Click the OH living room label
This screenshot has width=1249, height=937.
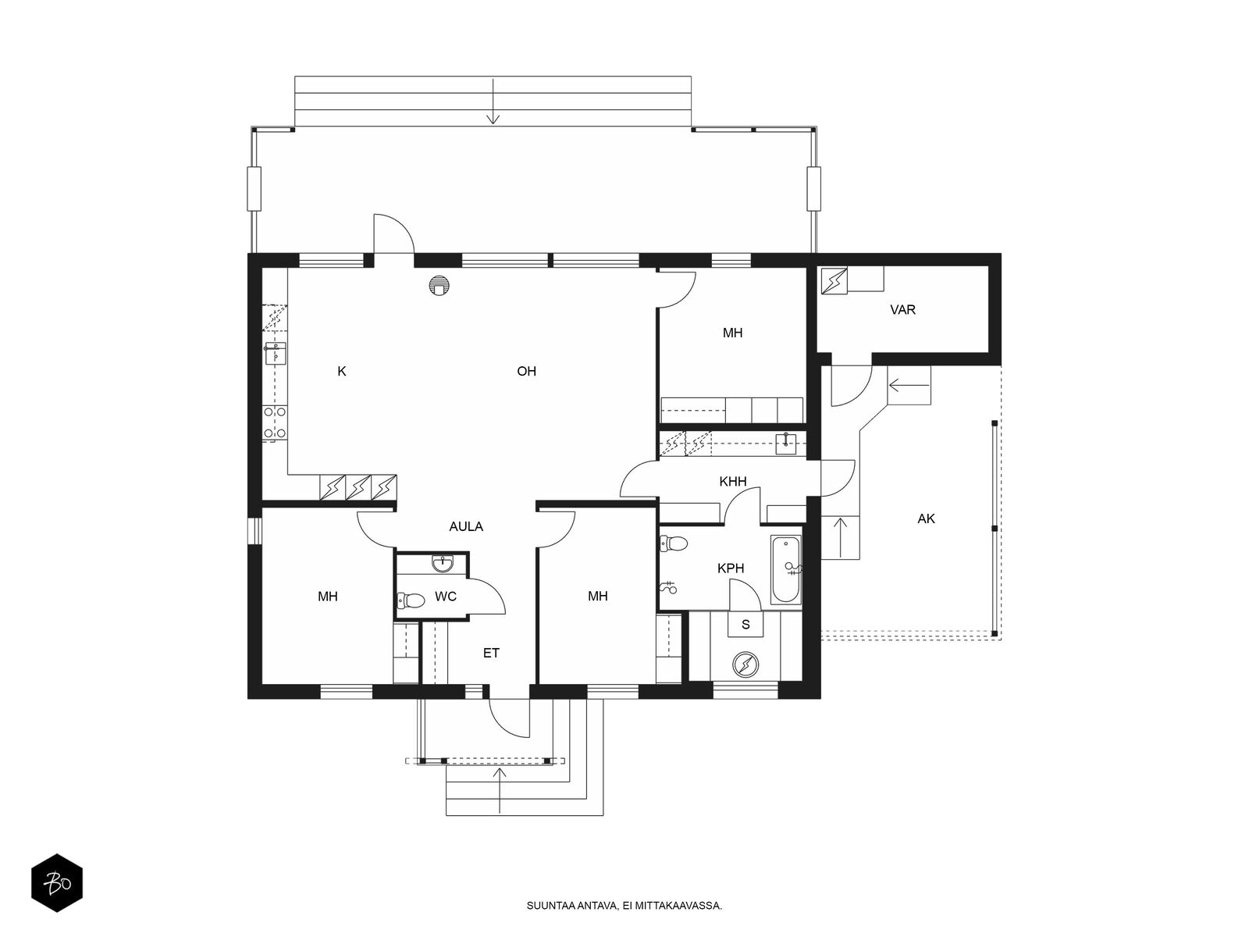[x=526, y=372]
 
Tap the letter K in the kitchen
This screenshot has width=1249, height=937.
[x=341, y=372]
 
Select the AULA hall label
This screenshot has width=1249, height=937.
[x=465, y=527]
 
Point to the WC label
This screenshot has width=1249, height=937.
[x=445, y=597]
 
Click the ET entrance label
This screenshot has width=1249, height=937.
[x=490, y=653]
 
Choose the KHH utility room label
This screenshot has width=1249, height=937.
[x=732, y=482]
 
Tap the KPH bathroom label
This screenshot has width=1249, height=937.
[x=730, y=568]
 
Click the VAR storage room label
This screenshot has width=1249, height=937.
[x=902, y=310]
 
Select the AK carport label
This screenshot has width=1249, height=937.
[x=926, y=518]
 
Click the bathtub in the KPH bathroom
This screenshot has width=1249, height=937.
[x=786, y=569]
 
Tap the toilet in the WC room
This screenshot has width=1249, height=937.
[x=411, y=600]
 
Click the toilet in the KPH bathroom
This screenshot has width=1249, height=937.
[x=673, y=543]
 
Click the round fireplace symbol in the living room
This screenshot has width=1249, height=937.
[x=439, y=285]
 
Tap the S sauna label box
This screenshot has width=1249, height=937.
[x=745, y=624]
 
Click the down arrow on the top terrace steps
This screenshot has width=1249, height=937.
[x=493, y=102]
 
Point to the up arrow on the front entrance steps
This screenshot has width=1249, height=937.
[x=499, y=790]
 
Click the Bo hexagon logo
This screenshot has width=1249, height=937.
[x=57, y=883]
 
